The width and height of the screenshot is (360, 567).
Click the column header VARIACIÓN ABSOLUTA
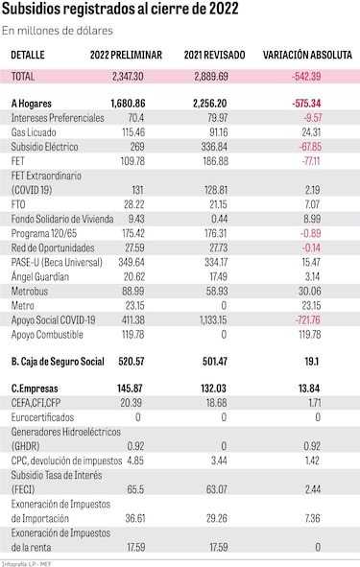(307, 55)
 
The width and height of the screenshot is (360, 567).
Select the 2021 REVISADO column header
(214, 55)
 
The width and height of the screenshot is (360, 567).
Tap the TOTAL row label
(23, 77)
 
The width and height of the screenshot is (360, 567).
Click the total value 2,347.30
(128, 77)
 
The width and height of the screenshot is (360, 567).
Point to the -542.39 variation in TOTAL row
(306, 77)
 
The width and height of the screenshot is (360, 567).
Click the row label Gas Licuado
(34, 132)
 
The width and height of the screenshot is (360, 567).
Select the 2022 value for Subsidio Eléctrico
(137, 147)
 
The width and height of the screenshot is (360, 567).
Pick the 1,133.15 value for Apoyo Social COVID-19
(213, 320)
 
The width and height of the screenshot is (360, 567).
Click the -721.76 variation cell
(308, 320)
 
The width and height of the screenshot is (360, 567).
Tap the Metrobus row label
(30, 291)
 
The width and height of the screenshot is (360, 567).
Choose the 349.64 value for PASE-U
(132, 262)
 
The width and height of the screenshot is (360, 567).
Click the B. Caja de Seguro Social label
(58, 362)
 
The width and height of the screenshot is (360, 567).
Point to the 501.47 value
(215, 362)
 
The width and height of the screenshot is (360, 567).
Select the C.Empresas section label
(35, 389)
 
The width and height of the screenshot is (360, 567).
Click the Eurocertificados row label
(42, 417)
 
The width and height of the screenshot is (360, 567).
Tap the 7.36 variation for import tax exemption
(312, 518)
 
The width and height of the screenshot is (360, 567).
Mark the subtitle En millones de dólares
(58, 31)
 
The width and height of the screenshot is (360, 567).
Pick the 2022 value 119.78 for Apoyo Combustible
(133, 335)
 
